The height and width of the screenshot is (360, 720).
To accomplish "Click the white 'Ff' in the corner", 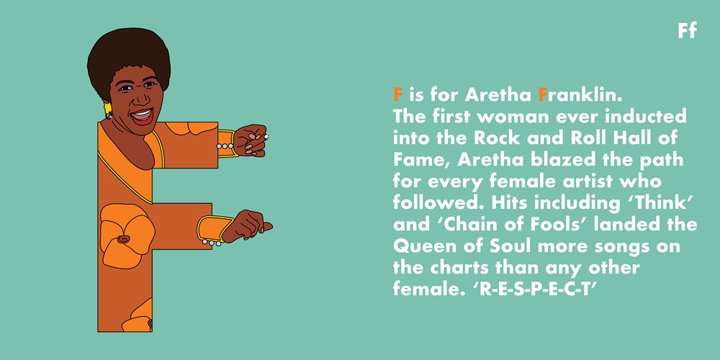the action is click(x=687, y=30).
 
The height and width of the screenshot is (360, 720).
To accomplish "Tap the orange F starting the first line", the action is click(x=398, y=95).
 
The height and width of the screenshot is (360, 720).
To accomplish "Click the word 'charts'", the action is click(x=464, y=268).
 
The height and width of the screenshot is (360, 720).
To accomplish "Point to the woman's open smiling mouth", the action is click(x=142, y=116).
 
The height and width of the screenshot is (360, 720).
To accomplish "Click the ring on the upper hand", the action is click(x=266, y=136).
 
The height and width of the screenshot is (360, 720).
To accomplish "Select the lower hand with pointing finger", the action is click(x=248, y=225).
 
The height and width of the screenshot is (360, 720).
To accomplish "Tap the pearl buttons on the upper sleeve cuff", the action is click(x=225, y=146).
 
